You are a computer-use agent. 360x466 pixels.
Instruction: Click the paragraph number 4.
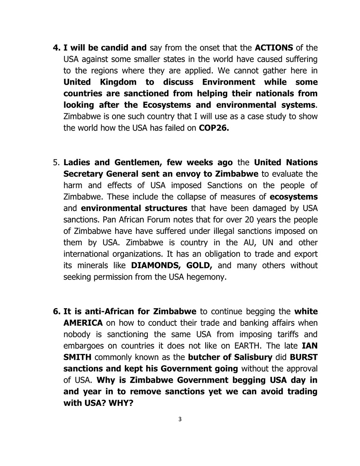56,48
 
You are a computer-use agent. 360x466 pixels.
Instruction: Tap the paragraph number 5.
56,163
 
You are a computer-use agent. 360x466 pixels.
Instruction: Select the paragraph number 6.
56,312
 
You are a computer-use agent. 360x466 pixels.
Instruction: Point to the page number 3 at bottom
180,419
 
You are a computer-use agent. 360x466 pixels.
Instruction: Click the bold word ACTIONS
274,48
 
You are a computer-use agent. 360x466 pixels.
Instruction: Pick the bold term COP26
214,128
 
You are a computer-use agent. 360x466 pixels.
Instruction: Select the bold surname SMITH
77,357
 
